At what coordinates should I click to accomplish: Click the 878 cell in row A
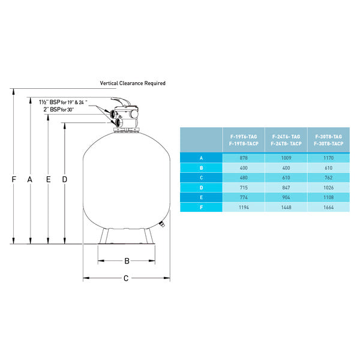coord(244,158)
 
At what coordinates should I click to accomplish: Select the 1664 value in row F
coord(328,208)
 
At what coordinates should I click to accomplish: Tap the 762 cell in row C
coord(328,178)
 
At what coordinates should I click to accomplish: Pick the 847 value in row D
coord(286,188)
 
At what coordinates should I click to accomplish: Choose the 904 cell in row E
coord(286,197)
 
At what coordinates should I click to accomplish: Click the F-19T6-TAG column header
coord(244,137)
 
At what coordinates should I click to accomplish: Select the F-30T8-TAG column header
coord(328,137)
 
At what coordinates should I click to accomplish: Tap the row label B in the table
coord(202,168)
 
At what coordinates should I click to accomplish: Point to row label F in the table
coord(202,208)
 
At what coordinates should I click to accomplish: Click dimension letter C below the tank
coord(126,278)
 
